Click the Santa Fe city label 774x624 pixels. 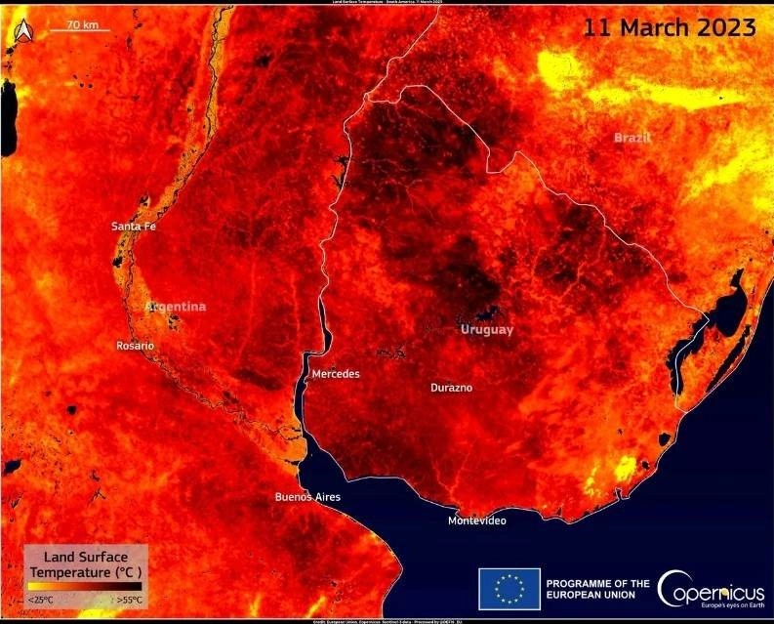134,227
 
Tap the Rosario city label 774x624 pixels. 135,346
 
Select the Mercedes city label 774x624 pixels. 336,374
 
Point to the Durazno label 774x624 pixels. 451,388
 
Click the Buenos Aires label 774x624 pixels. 307,497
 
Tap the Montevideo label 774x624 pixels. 476,520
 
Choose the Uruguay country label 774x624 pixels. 486,330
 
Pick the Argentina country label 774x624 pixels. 176,307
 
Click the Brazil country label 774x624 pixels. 631,138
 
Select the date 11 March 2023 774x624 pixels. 669,27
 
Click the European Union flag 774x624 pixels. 509,589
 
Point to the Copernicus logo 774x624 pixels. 711,589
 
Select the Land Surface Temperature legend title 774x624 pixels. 86,563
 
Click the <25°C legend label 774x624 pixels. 41,599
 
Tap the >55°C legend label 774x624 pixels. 129,599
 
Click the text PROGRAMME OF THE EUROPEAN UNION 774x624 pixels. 597,589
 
